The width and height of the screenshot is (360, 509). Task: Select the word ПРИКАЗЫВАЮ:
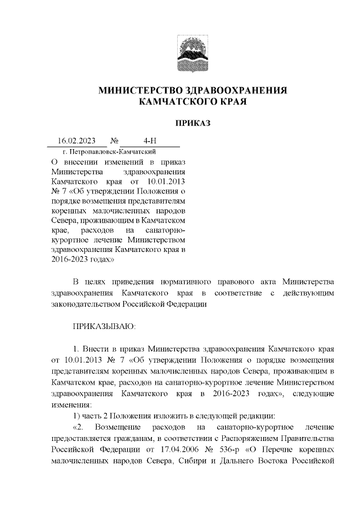tap(104, 326)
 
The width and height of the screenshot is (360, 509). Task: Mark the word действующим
tap(310, 293)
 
